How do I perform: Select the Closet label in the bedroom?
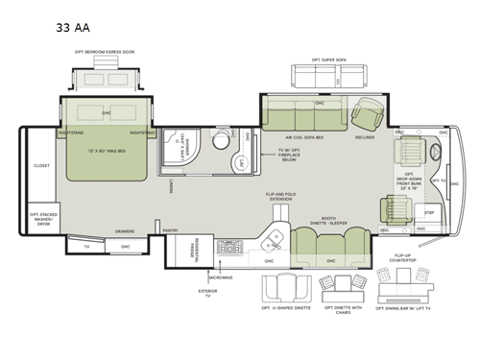pos(41,165)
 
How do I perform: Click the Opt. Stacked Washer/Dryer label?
pos(41,218)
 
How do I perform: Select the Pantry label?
pos(171,230)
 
